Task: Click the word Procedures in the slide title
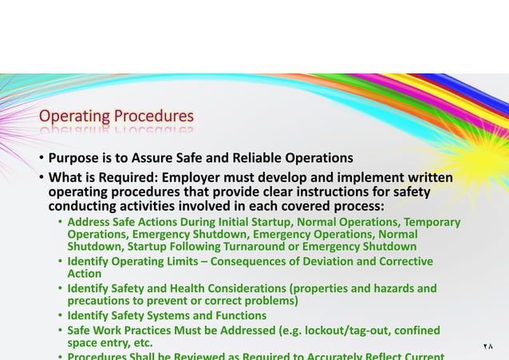[x=153, y=118]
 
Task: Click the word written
[x=428, y=177]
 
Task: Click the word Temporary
[x=432, y=222]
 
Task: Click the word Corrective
[x=403, y=262]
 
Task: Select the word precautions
[x=100, y=301]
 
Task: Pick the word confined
[x=415, y=330]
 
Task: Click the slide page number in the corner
[x=488, y=347]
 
